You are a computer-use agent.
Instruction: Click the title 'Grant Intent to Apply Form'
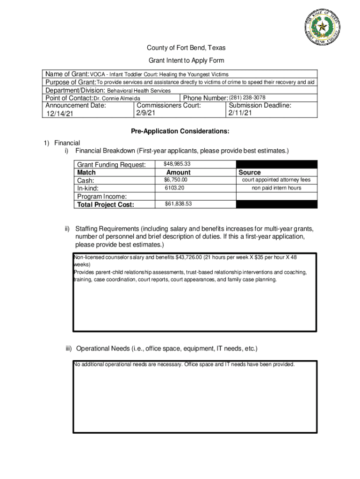point(186,60)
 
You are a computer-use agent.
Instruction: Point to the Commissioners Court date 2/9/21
point(146,113)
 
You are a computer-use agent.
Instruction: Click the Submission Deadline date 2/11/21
point(241,113)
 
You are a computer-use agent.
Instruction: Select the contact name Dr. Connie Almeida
point(117,98)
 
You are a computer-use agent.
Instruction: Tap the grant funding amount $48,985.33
point(177,164)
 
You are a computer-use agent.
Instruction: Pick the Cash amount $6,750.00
point(175,180)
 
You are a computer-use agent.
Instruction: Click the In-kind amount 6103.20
point(174,188)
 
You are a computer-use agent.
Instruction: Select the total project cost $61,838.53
point(178,204)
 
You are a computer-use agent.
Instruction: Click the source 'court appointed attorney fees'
point(276,180)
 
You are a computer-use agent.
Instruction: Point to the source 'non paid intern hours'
point(276,188)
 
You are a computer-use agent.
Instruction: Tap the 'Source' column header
point(250,173)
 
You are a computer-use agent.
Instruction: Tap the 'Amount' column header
point(179,173)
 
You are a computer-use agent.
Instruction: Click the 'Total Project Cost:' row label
point(106,204)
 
